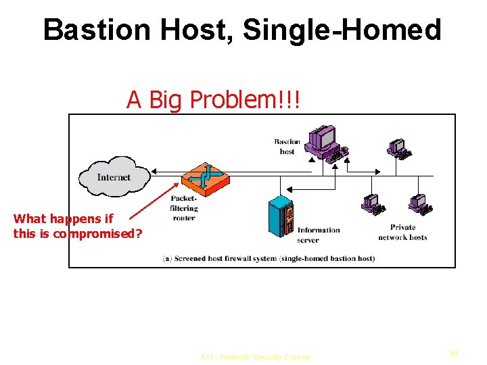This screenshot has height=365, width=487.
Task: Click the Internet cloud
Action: pyautogui.click(x=114, y=176)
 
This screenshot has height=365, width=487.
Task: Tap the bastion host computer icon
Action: pyautogui.click(x=324, y=142)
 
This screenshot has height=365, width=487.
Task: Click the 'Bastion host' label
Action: pyautogui.click(x=287, y=147)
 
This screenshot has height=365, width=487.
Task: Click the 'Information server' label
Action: pyautogui.click(x=318, y=235)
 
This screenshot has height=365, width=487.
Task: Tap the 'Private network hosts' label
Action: pyautogui.click(x=402, y=232)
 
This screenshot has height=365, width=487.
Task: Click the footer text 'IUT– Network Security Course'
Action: pyautogui.click(x=255, y=357)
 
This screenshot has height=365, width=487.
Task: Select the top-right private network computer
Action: pyautogui.click(x=399, y=149)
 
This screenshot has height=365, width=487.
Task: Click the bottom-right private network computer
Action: pyautogui.click(x=420, y=203)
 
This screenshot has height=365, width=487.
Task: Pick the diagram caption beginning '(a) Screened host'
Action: pyautogui.click(x=269, y=259)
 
